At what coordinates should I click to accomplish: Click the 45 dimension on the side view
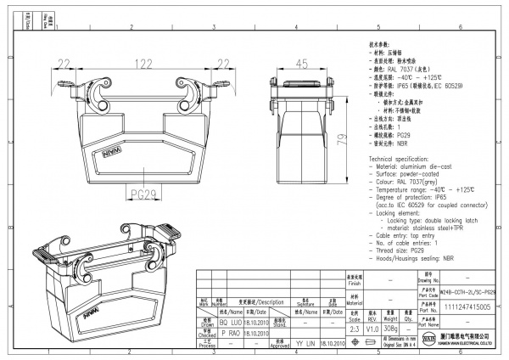301,65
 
